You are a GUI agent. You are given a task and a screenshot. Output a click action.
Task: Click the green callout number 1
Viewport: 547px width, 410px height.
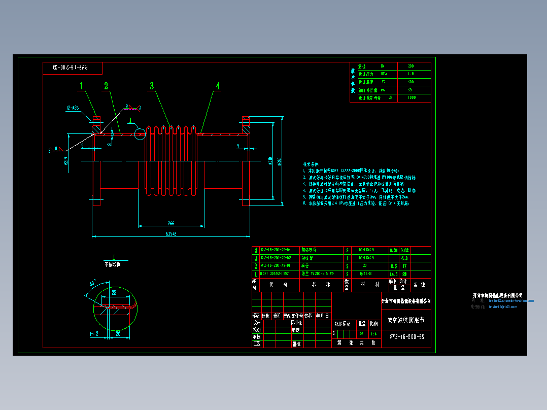point(81,86)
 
